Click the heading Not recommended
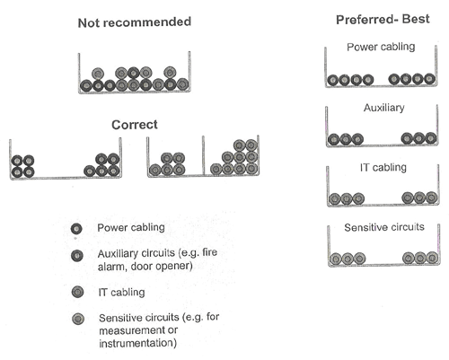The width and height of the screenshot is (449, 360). tap(135, 22)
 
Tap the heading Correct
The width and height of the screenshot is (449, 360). tap(135, 125)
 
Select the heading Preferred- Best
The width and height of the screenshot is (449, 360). tap(383, 20)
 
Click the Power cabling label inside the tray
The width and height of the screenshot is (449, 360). tap(381, 47)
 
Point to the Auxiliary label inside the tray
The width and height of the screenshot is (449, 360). tap(384, 108)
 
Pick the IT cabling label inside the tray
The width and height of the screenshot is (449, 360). tap(383, 167)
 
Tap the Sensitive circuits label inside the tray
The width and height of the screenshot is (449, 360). tap(384, 227)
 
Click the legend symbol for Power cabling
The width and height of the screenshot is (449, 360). tap(76, 229)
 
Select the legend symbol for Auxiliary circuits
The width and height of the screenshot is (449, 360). tap(77, 256)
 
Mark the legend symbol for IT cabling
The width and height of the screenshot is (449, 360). tap(78, 292)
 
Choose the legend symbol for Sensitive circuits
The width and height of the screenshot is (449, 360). tap(78, 319)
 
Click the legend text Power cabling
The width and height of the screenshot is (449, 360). tap(131, 227)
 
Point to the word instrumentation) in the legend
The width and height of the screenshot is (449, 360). tap(137, 343)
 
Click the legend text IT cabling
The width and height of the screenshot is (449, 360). tap(121, 292)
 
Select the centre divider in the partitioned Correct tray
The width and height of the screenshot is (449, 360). tap(203, 155)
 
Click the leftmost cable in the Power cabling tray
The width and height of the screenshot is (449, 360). tap(332, 80)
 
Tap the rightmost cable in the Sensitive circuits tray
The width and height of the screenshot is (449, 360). tap(432, 258)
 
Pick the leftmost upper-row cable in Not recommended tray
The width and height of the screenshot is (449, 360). tap(98, 74)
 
